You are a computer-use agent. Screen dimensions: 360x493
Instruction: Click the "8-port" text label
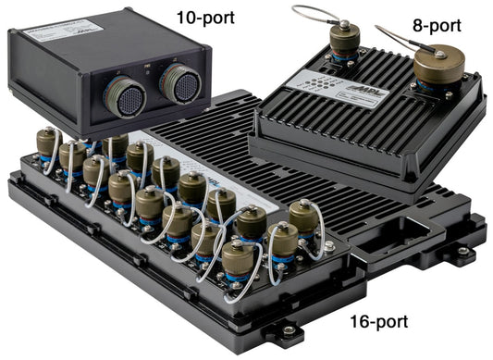coord(434,27)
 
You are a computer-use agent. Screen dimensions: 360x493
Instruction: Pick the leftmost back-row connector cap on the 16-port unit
coord(46,142)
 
